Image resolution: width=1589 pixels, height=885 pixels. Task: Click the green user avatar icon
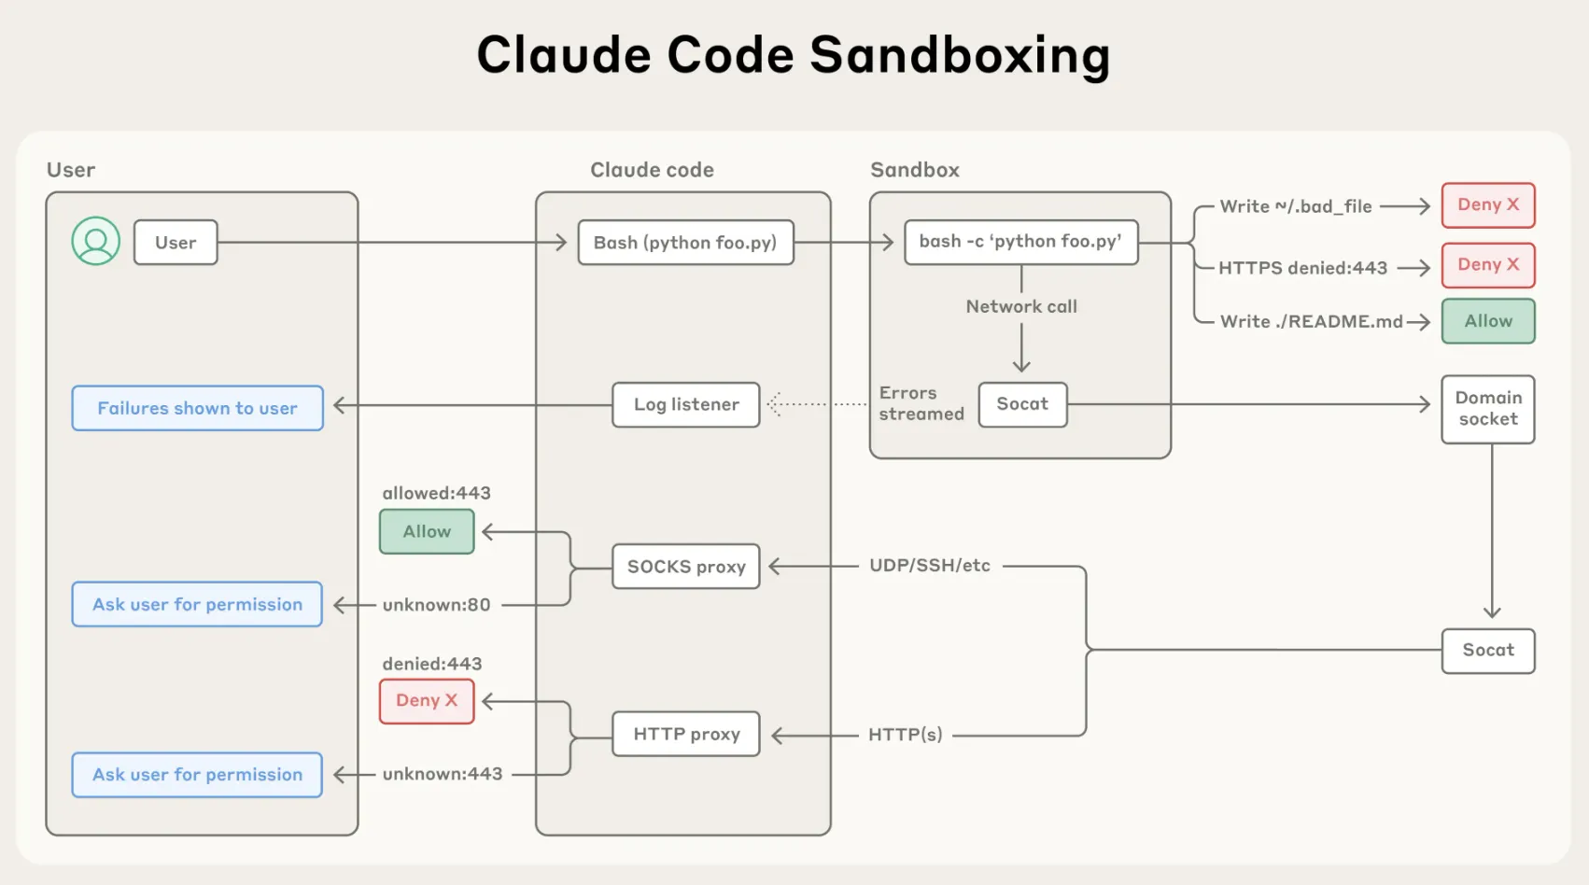(95, 242)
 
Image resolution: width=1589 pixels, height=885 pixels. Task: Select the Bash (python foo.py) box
(685, 243)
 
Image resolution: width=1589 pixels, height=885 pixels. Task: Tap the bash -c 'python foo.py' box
(1020, 242)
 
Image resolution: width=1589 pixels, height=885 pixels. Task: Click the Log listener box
(685, 404)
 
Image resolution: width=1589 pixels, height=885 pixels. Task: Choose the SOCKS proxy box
(685, 567)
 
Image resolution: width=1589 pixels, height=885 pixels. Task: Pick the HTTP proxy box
(685, 734)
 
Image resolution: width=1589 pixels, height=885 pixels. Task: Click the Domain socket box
(1487, 409)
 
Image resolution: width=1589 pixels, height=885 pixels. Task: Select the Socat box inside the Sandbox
(1022, 404)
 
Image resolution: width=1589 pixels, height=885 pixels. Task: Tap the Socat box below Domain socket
(1487, 650)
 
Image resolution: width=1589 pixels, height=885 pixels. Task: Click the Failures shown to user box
(197, 408)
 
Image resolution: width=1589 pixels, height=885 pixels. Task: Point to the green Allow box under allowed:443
(427, 531)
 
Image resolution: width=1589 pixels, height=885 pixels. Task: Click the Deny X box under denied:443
(427, 700)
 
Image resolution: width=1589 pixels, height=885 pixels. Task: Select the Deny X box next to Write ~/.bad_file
(1487, 205)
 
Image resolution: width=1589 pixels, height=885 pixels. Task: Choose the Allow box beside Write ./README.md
(1487, 321)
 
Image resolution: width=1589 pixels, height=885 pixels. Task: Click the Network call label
(1021, 306)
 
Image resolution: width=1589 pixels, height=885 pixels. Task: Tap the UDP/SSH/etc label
(929, 566)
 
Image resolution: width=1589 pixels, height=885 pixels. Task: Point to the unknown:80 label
(436, 605)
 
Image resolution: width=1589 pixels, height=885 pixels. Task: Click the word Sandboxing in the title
(960, 54)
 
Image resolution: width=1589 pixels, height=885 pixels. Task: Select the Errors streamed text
(921, 403)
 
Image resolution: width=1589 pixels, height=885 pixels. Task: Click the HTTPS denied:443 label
(1302, 268)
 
